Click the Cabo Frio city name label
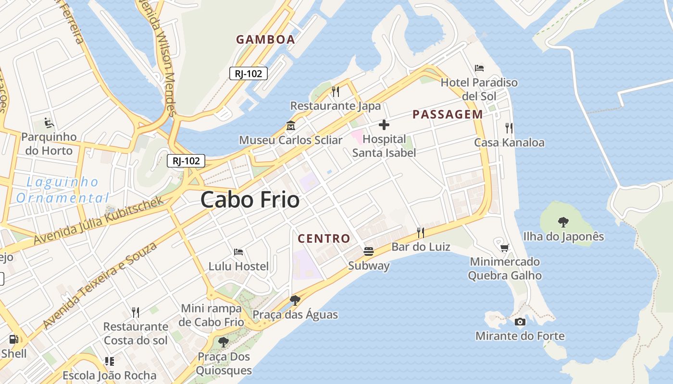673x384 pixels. (250, 200)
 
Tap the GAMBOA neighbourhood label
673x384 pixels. (265, 40)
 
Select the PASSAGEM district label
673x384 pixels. (448, 114)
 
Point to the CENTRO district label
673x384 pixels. (324, 239)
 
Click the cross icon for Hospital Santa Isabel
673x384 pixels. (384, 125)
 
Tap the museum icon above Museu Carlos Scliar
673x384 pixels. (290, 126)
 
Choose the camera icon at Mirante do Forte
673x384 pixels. (520, 322)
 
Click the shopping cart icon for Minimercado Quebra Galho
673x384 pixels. (504, 248)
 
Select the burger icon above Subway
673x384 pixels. (369, 252)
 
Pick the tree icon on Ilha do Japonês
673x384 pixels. (563, 222)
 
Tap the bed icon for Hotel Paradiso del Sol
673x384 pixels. (479, 68)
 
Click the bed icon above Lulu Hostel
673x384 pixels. (238, 252)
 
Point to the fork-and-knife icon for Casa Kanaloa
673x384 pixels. (509, 128)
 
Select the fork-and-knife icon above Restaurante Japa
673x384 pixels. (336, 91)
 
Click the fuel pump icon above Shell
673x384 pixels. (13, 339)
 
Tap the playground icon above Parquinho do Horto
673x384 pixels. (49, 123)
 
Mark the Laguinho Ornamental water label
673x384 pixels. (62, 190)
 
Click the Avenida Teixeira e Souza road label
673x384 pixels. (100, 286)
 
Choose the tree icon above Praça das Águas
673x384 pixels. (295, 300)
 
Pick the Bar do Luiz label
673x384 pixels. (421, 247)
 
